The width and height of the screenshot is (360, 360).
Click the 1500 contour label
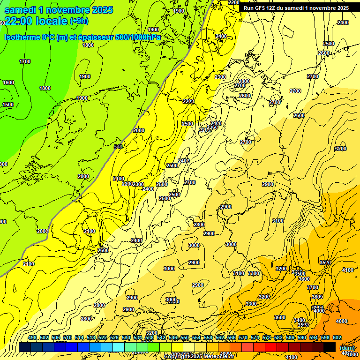pos(8,105)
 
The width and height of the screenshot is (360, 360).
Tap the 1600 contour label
pos(8,82)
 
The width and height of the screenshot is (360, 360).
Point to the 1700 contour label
pos(25,61)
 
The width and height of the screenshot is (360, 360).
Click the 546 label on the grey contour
pos(118,147)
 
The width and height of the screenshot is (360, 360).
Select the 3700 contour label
pos(312,287)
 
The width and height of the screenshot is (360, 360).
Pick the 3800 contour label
pos(317,297)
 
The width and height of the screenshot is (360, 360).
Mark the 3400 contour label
pos(299,320)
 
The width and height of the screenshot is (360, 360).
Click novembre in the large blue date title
pos(67,9)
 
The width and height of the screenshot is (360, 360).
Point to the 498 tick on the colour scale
pos(32,338)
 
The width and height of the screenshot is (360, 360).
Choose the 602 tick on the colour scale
pos(337,338)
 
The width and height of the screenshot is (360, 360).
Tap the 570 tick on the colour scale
pos(243,338)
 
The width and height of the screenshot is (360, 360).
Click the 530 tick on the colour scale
pos(126,338)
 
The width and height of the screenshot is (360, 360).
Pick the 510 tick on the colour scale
pos(67,338)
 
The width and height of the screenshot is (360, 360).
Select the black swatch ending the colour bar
pos(330,347)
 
